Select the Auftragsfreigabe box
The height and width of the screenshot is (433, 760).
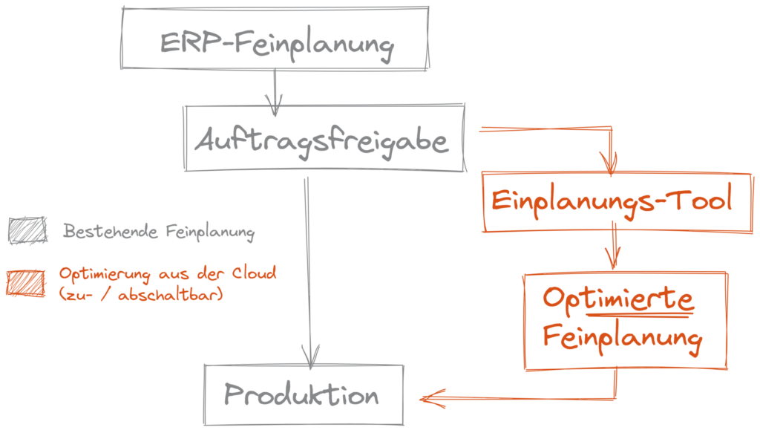click(324, 138)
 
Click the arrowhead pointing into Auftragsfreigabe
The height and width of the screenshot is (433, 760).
click(275, 110)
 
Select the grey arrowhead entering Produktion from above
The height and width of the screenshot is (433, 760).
click(311, 356)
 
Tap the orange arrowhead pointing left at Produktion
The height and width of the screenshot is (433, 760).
click(429, 400)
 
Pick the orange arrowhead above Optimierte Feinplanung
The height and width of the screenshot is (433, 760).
click(612, 261)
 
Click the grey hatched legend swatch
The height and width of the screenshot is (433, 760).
click(27, 230)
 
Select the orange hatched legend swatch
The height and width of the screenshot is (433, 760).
click(27, 283)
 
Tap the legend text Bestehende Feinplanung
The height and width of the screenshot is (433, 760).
click(158, 232)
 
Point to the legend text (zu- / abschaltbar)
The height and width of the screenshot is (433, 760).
click(141, 295)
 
